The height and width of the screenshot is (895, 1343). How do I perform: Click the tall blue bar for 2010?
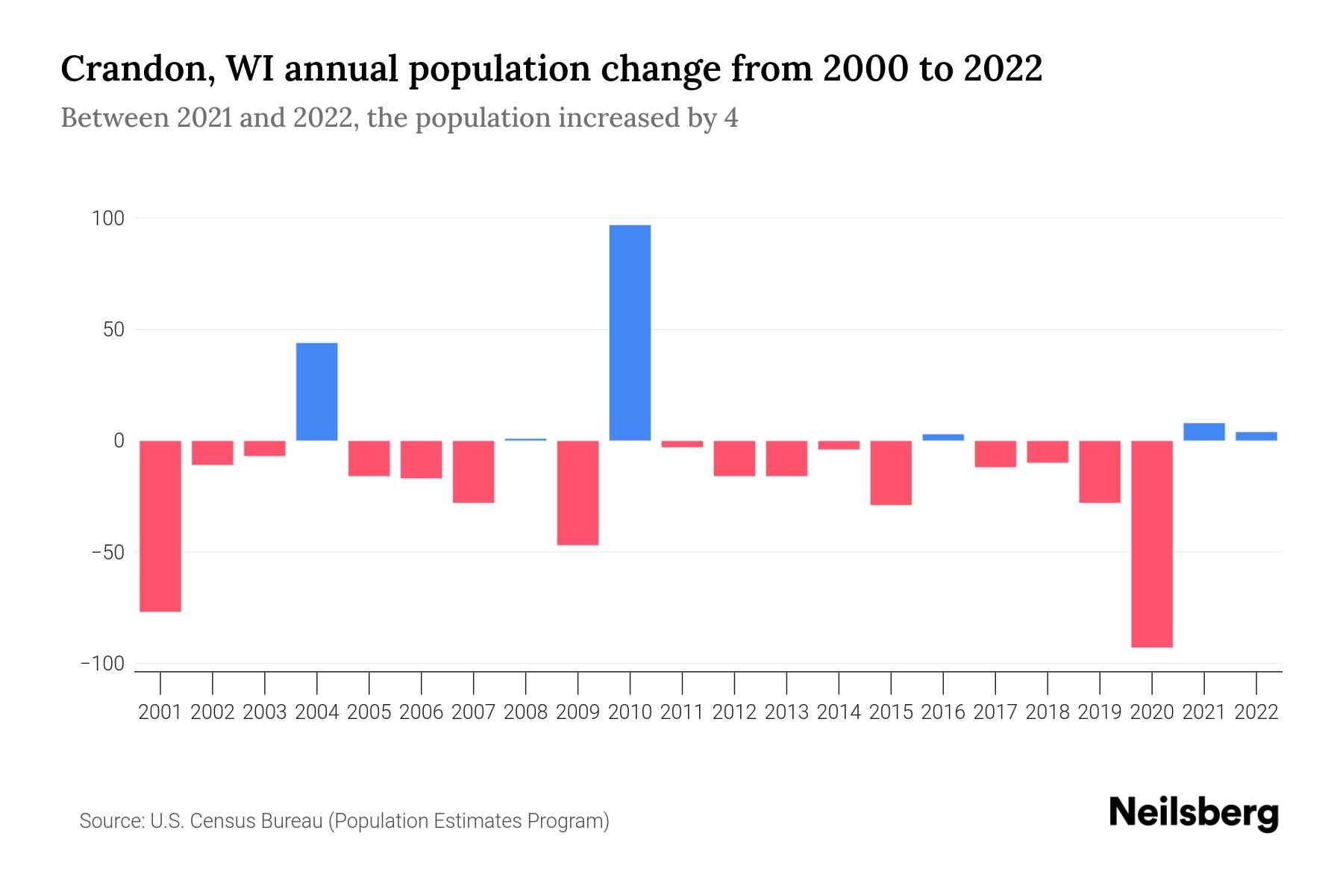(x=630, y=333)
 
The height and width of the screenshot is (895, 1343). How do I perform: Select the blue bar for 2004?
(x=316, y=392)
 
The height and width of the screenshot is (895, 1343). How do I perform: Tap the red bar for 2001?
(x=160, y=526)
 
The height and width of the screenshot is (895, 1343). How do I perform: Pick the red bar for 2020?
(x=1152, y=544)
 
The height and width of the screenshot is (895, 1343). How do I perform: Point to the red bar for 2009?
(x=577, y=492)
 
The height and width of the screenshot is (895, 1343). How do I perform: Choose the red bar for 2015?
(x=891, y=473)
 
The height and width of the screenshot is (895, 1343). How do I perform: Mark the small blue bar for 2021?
(x=1203, y=432)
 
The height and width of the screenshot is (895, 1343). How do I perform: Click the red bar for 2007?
(x=473, y=471)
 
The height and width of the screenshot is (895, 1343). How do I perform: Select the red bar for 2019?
(x=1100, y=471)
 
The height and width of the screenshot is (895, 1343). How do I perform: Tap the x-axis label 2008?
(x=525, y=712)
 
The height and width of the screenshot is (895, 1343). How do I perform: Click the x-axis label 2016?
(x=943, y=712)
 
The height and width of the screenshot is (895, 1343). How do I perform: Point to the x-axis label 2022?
(x=1256, y=712)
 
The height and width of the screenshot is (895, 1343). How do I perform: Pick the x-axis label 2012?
(x=734, y=712)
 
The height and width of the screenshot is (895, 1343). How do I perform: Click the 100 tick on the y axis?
(x=108, y=219)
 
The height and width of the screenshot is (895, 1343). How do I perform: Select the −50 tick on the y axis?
(x=108, y=553)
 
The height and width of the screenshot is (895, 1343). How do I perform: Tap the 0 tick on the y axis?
(x=119, y=441)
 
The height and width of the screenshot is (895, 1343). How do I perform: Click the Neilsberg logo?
(x=1194, y=814)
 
